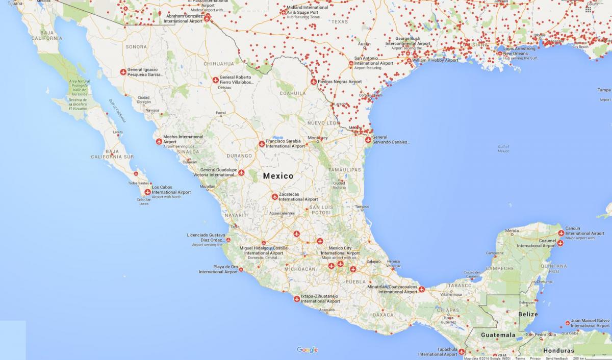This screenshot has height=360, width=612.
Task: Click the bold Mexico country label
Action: point(278,176)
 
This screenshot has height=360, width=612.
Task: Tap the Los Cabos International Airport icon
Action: point(147,192)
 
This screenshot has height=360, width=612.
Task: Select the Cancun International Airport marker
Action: point(561,233)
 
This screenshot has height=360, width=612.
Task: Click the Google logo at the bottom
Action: point(307,350)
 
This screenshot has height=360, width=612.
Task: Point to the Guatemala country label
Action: point(498,335)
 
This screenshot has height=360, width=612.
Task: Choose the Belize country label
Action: point(527,314)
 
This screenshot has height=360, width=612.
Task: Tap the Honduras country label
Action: point(558,351)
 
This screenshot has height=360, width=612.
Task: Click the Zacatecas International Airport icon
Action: point(274,196)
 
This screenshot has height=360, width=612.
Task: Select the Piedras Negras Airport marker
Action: point(314,82)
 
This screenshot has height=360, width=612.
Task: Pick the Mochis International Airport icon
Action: point(159,141)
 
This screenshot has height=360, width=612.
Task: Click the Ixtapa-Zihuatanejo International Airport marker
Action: point(297,299)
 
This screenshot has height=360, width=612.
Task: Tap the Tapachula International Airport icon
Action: point(462,351)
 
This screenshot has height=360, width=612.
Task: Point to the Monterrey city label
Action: point(318,138)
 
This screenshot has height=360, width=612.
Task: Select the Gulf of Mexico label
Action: point(503,149)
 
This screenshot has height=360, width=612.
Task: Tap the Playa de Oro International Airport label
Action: point(218,269)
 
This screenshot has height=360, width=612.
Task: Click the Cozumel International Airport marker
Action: point(559,243)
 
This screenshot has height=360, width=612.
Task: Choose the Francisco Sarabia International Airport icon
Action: point(262,144)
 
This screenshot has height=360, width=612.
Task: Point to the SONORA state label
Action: point(136,47)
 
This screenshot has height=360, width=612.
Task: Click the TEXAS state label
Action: point(339,22)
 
